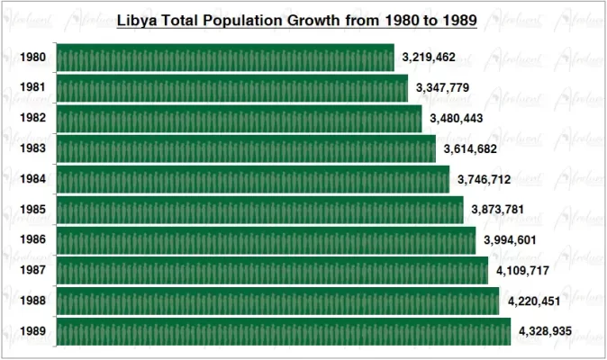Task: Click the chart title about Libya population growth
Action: pyautogui.click(x=297, y=19)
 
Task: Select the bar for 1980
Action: pyautogui.click(x=225, y=58)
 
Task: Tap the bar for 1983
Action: pyautogui.click(x=246, y=148)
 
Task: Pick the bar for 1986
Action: pyautogui.click(x=266, y=240)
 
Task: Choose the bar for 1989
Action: pyautogui.click(x=283, y=331)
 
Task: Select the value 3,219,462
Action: pyautogui.click(x=429, y=58)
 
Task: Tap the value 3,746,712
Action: pyautogui.click(x=485, y=179)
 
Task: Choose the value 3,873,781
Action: pyautogui.click(x=498, y=210)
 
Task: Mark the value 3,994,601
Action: pyautogui.click(x=511, y=240)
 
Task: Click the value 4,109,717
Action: pyautogui.click(x=523, y=270)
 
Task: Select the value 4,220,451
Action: pyautogui.click(x=535, y=301)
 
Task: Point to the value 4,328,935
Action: pyautogui.click(x=546, y=331)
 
